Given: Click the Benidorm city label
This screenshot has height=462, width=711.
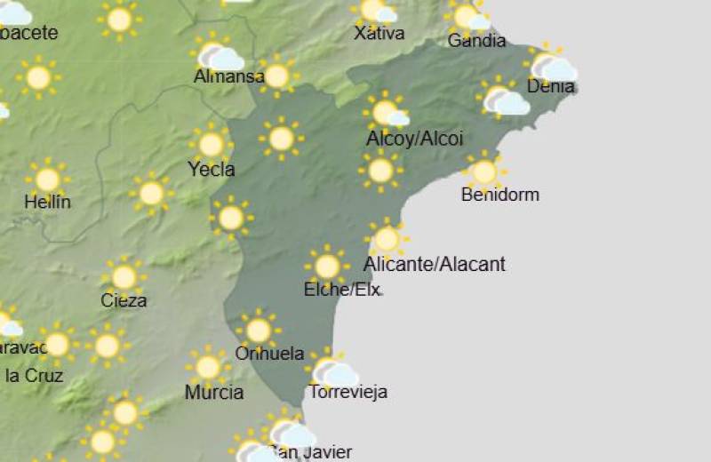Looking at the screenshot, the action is click(x=500, y=195).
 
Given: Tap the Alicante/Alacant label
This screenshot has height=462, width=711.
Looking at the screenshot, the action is click(x=435, y=264).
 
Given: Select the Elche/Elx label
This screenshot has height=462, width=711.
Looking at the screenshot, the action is click(x=342, y=289).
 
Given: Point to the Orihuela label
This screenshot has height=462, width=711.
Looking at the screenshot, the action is click(x=269, y=353).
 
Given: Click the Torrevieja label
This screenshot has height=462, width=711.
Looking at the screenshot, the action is click(x=348, y=392).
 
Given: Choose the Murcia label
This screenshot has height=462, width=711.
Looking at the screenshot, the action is click(x=214, y=392).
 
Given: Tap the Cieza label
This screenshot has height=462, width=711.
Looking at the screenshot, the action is click(x=124, y=300).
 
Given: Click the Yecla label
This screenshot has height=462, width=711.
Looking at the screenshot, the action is click(x=212, y=169).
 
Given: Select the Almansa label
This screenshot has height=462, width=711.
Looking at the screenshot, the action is click(x=228, y=76).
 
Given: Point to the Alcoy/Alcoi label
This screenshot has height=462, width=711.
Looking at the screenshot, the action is click(x=414, y=139).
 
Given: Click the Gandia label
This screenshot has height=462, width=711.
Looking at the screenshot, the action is click(x=477, y=41).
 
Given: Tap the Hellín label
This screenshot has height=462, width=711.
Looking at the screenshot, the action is click(x=47, y=202).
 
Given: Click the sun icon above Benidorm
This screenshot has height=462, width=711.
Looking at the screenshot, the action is click(x=484, y=171).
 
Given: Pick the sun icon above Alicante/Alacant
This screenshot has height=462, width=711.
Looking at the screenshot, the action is click(x=387, y=239).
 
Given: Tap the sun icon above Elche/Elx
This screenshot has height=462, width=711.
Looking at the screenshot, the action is click(x=327, y=266).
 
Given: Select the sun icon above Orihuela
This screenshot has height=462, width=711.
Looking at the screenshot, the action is click(x=259, y=331).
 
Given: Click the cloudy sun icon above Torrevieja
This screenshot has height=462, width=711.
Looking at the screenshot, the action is click(x=333, y=370).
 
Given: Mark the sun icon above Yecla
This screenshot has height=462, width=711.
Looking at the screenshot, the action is click(x=211, y=144).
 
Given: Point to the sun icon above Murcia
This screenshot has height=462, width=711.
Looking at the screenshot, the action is click(x=208, y=367).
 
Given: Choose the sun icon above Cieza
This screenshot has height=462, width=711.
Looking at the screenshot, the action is click(x=124, y=276).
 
